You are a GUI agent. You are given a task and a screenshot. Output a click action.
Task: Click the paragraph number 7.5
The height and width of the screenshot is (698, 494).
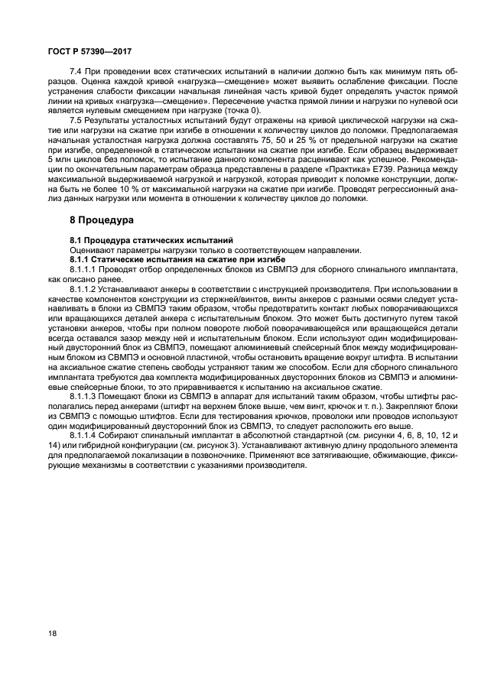(76, 121)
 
